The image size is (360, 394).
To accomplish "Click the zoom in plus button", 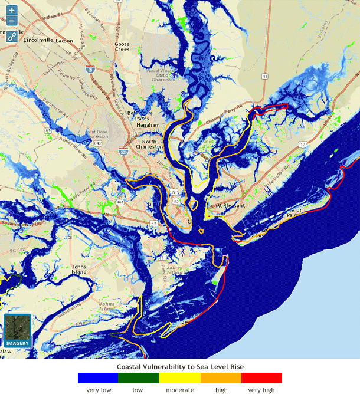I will (12, 11).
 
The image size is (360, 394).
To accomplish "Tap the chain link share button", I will (12, 37).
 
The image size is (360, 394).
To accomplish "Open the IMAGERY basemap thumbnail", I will (18, 331).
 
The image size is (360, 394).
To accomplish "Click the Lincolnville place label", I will (38, 41).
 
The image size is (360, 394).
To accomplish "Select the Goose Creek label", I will (122, 47).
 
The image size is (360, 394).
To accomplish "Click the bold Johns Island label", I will (79, 270).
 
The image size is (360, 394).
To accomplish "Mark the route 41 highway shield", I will (266, 77).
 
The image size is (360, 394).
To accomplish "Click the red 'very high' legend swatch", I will (261, 378).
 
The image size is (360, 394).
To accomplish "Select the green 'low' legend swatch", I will (138, 378).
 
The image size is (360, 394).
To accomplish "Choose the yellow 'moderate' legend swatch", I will (179, 378).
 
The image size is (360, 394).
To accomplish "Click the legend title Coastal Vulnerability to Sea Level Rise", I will (179, 367).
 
